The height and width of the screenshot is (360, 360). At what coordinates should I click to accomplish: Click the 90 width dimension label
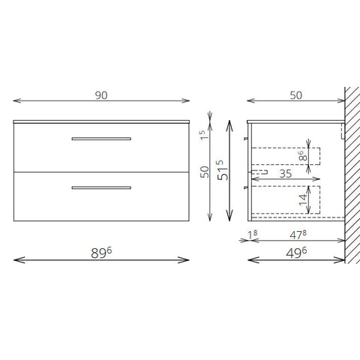pyautogui.click(x=101, y=95)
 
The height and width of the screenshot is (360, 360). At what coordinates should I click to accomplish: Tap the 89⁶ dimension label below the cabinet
pyautogui.click(x=101, y=253)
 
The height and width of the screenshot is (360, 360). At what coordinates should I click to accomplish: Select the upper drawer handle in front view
pyautogui.click(x=101, y=139)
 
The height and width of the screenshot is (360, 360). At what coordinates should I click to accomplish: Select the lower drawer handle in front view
pyautogui.click(x=101, y=187)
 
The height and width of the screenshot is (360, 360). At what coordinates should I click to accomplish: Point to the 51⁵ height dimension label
pyautogui.click(x=223, y=170)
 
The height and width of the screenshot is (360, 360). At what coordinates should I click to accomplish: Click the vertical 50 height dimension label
pyautogui.click(x=205, y=172)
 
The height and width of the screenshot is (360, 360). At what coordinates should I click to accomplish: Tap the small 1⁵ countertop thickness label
pyautogui.click(x=204, y=135)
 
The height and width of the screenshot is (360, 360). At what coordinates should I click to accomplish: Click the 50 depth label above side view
pyautogui.click(x=296, y=95)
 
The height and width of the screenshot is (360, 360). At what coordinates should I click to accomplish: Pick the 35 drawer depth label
pyautogui.click(x=286, y=174)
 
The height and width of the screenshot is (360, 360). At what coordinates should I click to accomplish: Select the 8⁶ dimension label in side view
pyautogui.click(x=302, y=156)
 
